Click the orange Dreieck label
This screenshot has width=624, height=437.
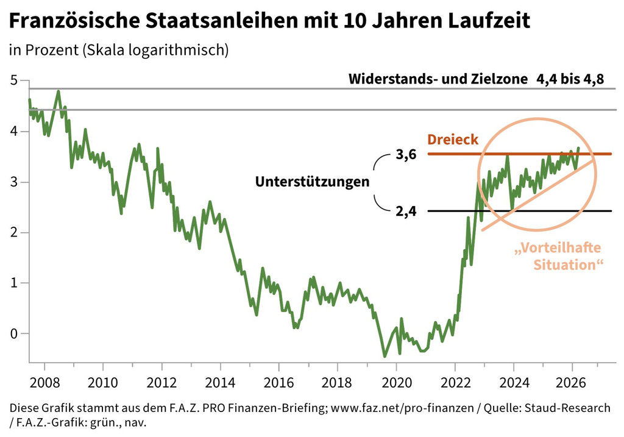tap(453, 140)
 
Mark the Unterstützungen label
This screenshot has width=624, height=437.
tap(313, 182)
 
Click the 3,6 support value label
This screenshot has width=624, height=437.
tap(406, 155)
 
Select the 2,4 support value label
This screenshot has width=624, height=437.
tap(406, 212)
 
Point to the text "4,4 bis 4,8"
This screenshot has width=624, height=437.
tap(570, 80)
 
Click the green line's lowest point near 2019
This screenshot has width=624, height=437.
tap(385, 356)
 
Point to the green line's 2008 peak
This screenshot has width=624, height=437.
tap(58, 91)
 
